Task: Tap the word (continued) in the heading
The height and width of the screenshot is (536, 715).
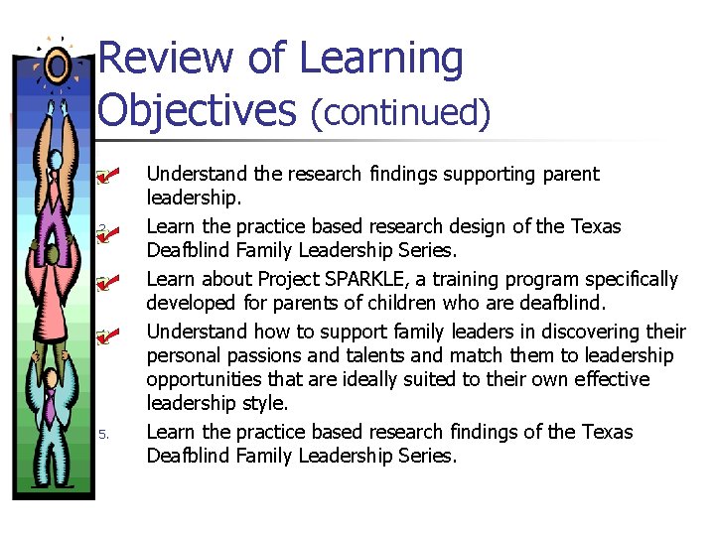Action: click(x=401, y=112)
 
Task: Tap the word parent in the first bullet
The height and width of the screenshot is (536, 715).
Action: click(x=571, y=175)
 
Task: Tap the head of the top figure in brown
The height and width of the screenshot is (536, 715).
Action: click(x=56, y=161)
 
